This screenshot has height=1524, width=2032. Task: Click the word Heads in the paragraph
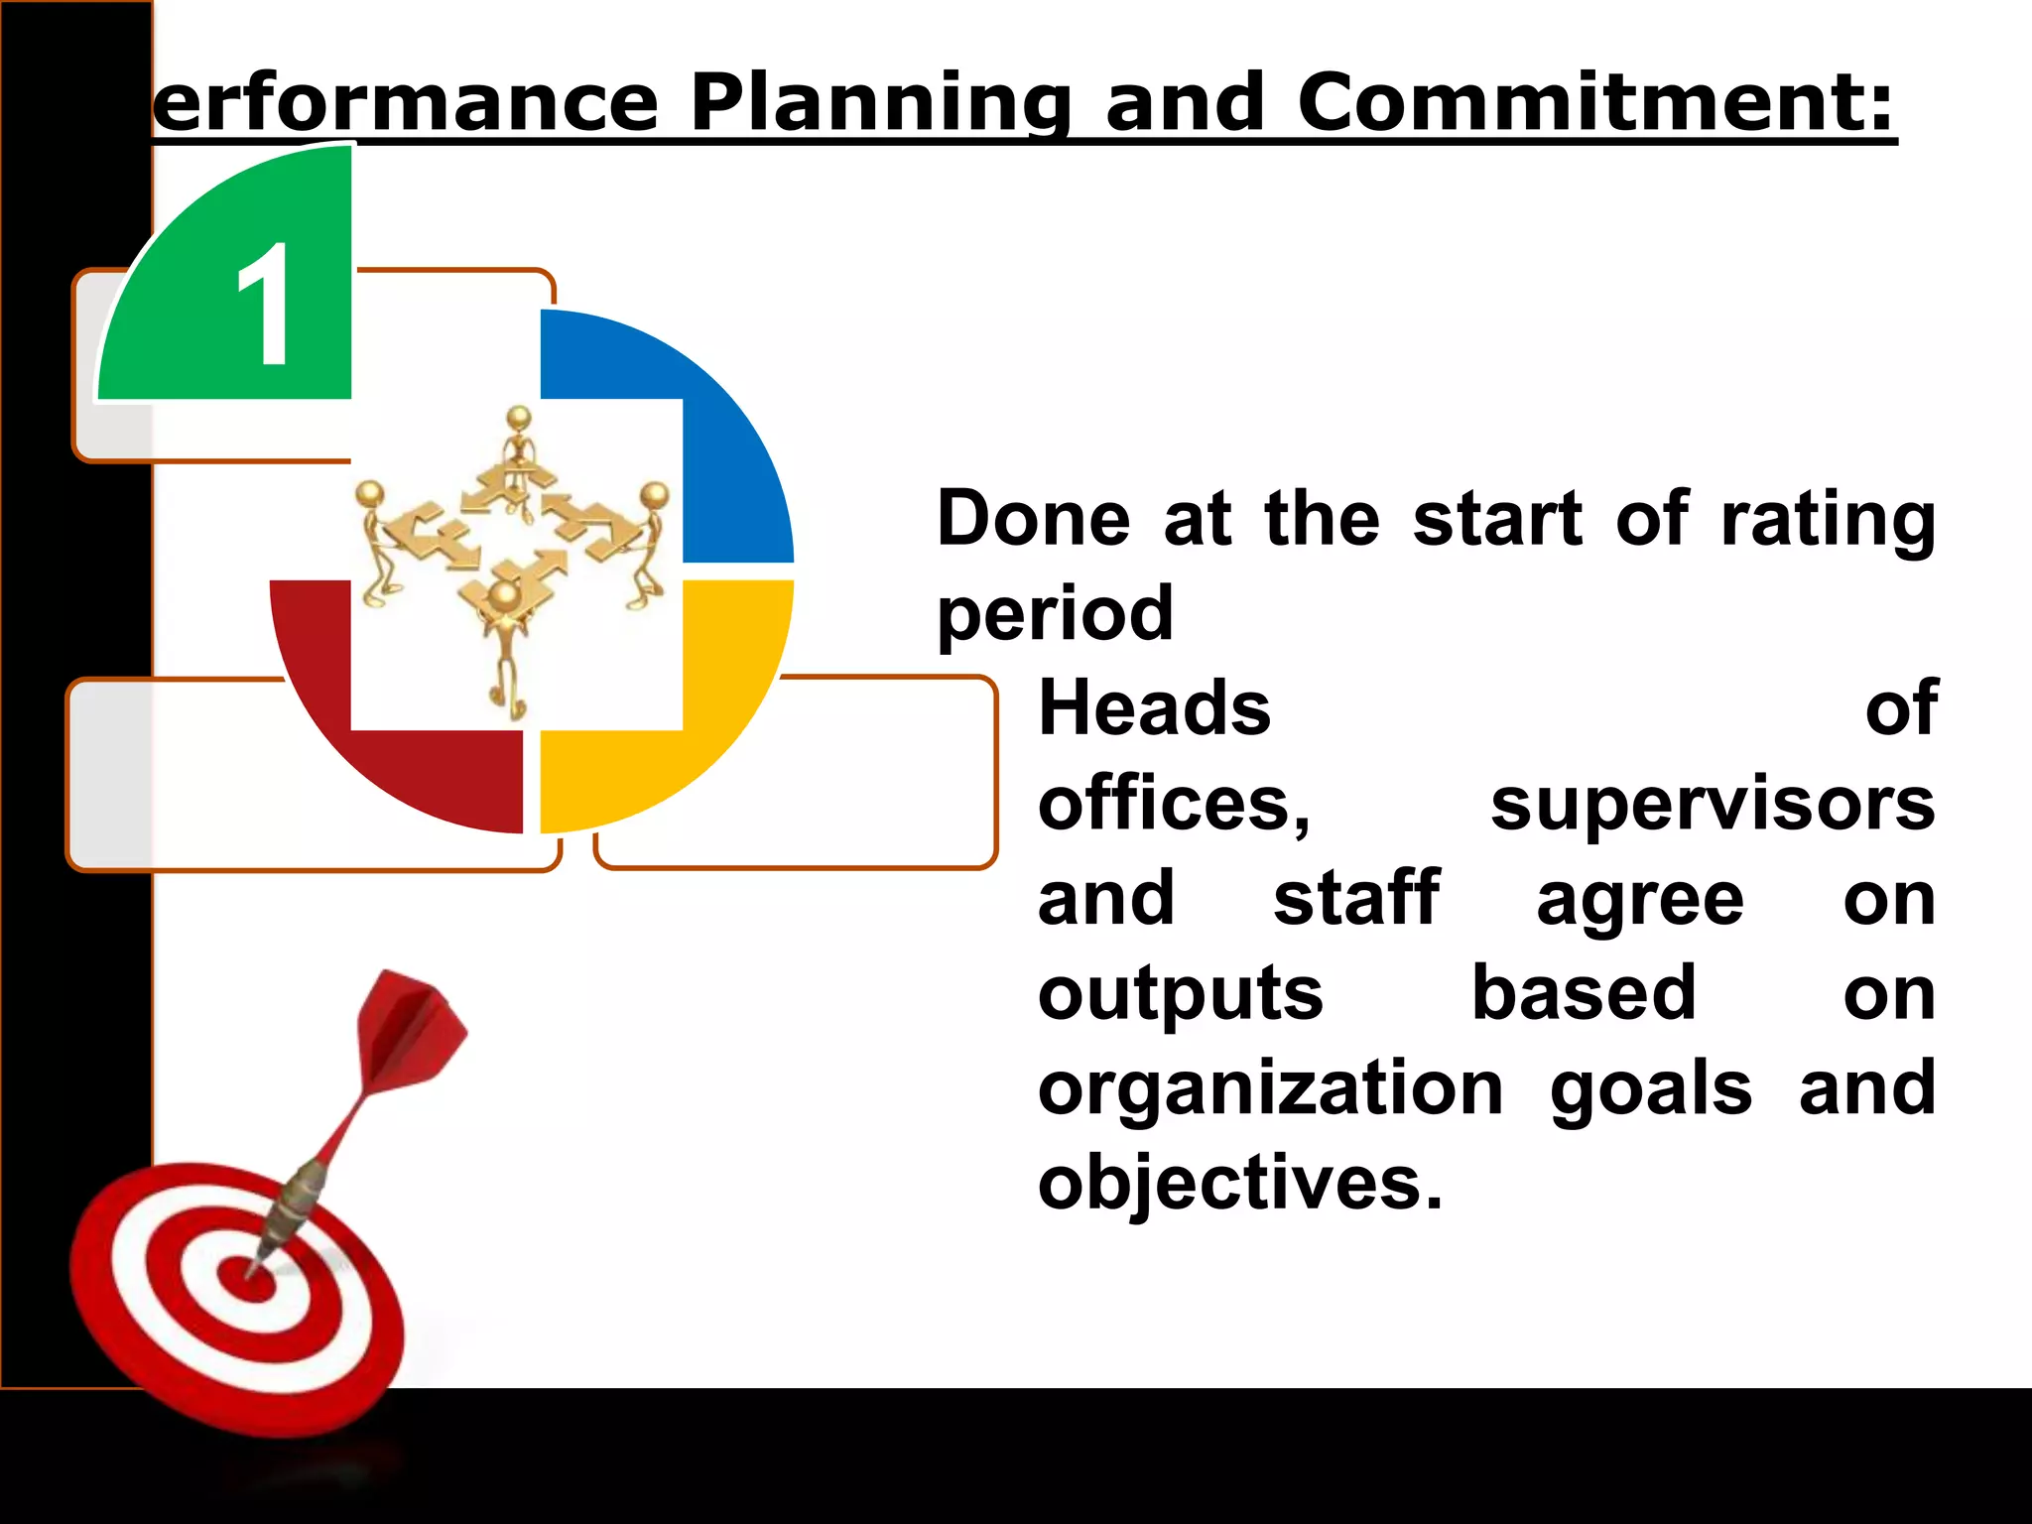1154,708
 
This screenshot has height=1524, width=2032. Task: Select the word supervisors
1713,804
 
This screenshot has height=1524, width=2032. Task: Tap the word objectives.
1239,1183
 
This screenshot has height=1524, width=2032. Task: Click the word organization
1270,1088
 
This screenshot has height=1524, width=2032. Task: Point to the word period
1055,614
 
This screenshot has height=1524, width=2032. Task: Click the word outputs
1180,994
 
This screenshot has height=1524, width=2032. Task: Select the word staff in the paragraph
1355,899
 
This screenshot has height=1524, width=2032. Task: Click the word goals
1651,1088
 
